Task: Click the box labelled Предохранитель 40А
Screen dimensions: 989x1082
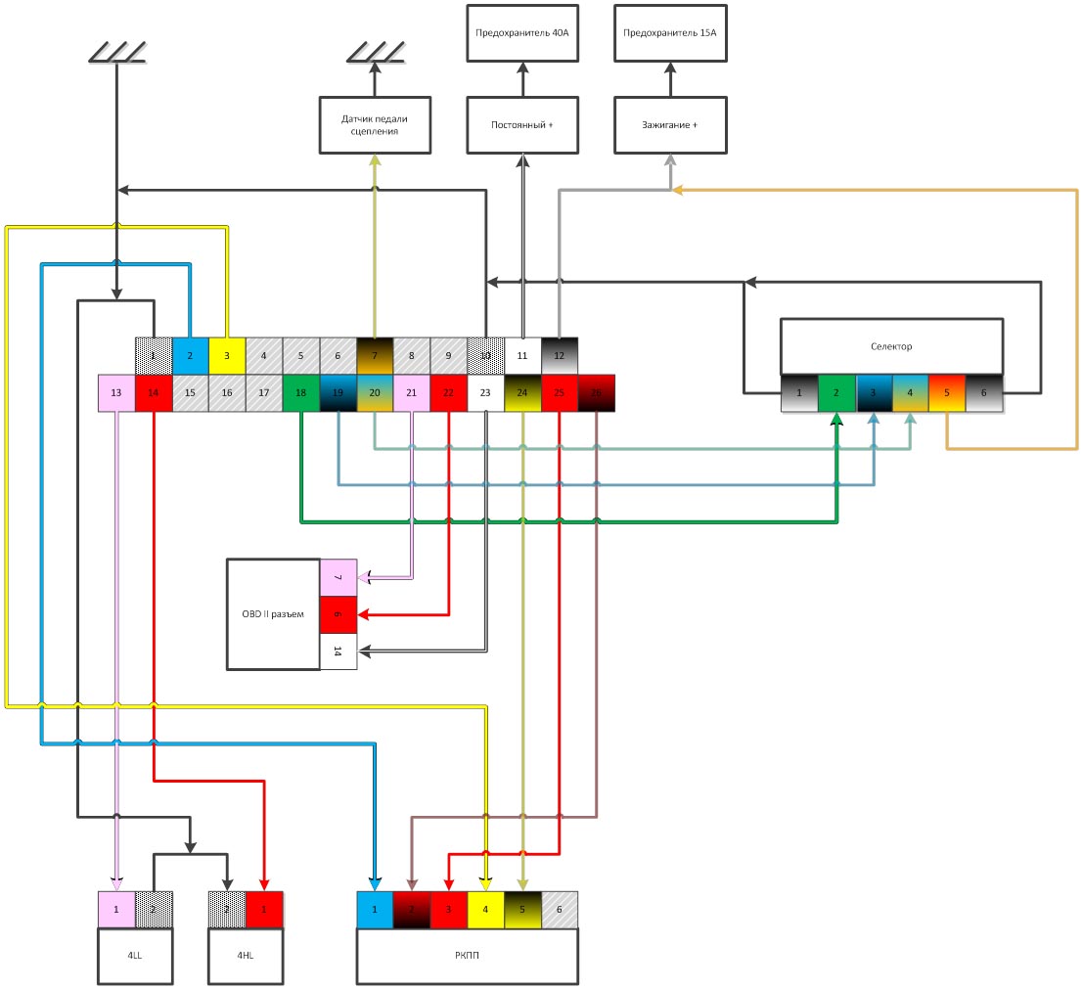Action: coord(521,32)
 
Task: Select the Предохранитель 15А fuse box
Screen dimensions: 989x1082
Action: coord(670,32)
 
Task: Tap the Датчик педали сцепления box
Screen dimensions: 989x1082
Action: coord(375,125)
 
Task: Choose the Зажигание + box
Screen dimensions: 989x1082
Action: coord(670,125)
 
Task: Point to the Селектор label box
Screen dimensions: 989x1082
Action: coord(891,346)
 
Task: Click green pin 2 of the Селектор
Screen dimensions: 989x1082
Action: coord(836,392)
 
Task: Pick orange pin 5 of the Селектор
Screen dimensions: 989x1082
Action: coord(947,392)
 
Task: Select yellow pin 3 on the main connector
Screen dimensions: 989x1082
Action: coord(227,356)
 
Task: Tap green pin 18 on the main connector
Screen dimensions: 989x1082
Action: coord(300,392)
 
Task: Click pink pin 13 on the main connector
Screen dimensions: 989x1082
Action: coord(116,392)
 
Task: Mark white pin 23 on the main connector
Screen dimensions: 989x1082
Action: coord(485,392)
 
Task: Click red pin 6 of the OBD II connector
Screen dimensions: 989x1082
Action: coord(338,614)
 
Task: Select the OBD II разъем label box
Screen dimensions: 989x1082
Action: coord(274,614)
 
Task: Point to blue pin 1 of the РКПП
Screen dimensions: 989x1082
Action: coord(375,909)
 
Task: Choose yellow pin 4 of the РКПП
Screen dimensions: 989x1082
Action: coord(485,909)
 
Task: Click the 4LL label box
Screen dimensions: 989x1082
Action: coord(135,956)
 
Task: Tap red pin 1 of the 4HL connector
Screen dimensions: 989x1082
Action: coord(264,909)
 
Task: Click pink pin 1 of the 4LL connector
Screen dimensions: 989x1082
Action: coord(116,909)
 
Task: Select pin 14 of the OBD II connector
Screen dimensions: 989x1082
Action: coord(338,652)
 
